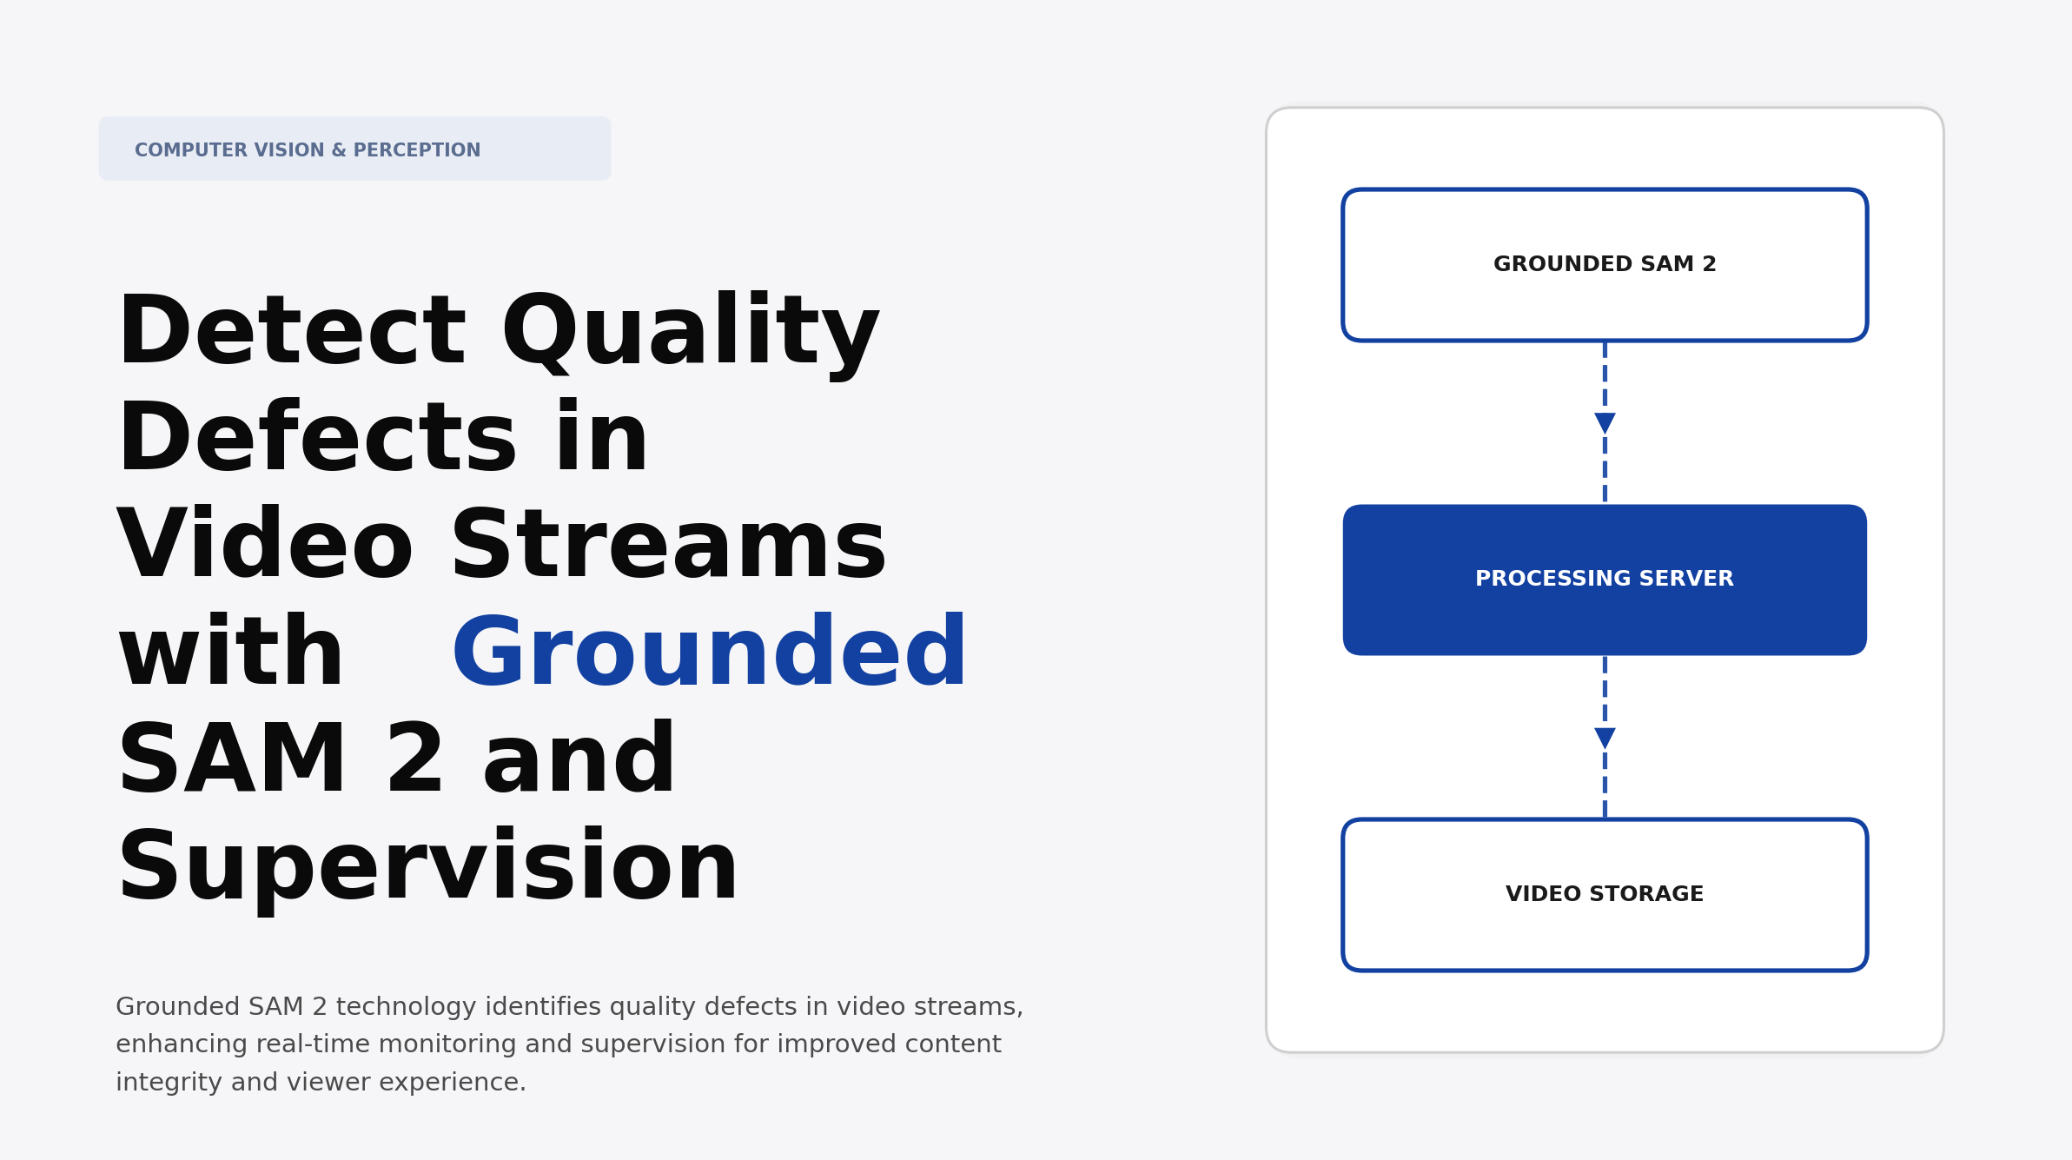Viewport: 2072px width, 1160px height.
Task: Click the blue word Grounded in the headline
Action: click(x=708, y=653)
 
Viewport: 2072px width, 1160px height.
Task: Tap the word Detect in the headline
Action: click(x=292, y=332)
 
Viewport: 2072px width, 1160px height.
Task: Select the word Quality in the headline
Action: click(x=691, y=332)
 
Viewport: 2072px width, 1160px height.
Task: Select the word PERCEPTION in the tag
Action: click(x=416, y=150)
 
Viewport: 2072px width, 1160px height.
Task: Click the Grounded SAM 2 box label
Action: click(x=1604, y=264)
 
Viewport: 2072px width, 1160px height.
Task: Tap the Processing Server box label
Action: click(x=1604, y=579)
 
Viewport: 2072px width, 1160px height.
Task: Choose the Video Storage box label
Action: click(x=1604, y=894)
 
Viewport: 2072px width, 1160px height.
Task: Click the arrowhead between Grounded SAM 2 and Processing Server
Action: click(x=1605, y=423)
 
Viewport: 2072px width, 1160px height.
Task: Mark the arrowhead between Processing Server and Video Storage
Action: click(x=1605, y=738)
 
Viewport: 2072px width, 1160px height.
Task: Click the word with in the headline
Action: click(x=231, y=653)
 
